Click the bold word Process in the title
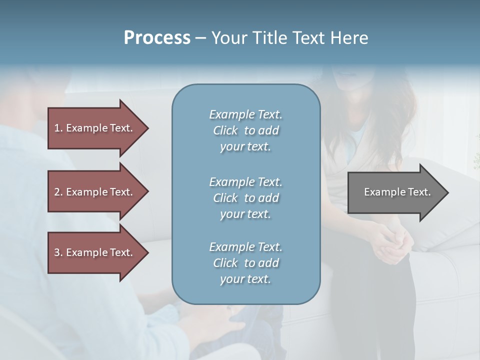pyautogui.click(x=157, y=38)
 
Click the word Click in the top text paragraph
pyautogui.click(x=225, y=130)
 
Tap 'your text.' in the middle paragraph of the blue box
pyautogui.click(x=245, y=214)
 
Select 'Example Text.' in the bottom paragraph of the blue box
pyautogui.click(x=245, y=247)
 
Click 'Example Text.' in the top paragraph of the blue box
pyautogui.click(x=245, y=114)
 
